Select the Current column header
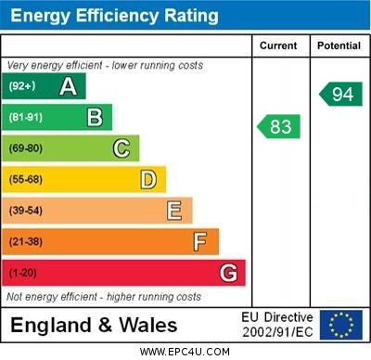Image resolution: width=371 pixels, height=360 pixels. (x=278, y=45)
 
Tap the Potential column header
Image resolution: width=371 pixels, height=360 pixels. (x=339, y=45)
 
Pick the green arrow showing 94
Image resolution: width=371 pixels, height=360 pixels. (x=340, y=94)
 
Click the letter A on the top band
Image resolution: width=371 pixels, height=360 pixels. (x=68, y=87)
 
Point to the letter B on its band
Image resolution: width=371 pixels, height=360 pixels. (x=95, y=118)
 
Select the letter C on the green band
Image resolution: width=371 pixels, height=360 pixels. (x=122, y=148)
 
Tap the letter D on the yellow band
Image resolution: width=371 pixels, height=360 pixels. (x=148, y=179)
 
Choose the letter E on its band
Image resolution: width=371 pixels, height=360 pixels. (x=174, y=211)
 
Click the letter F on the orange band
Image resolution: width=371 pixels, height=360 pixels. (x=200, y=241)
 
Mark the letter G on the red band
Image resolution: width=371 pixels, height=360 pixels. (x=228, y=273)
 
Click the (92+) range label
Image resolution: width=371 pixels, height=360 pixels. (x=22, y=87)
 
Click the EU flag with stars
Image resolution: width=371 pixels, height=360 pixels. (x=341, y=325)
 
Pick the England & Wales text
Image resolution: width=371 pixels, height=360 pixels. (x=94, y=325)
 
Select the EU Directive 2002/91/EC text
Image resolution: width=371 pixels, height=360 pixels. (x=277, y=325)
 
